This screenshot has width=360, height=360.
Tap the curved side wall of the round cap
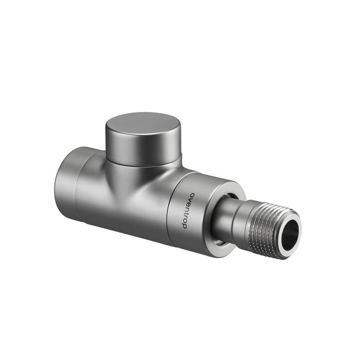coord(144,150)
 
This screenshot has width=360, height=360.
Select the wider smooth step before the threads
coord(238,224)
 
